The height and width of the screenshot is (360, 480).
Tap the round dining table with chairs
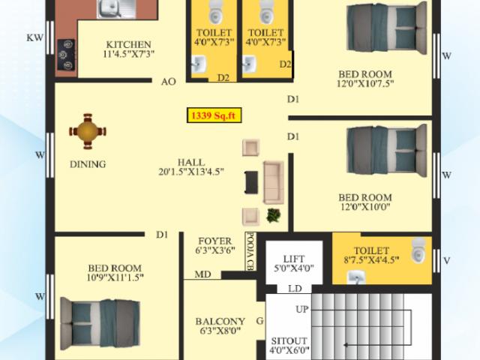[x=88, y=130]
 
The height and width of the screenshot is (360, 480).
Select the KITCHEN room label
[x=128, y=44]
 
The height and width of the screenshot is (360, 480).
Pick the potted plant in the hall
[x=274, y=215]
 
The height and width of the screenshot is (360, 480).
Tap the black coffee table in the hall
[x=251, y=181]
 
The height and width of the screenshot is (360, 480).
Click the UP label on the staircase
[x=301, y=309]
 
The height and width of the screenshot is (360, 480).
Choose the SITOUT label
[x=288, y=339]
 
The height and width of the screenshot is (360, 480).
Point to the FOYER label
[x=213, y=240]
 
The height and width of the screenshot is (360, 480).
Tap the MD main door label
[x=202, y=274]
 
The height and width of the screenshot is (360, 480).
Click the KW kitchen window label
[x=34, y=37]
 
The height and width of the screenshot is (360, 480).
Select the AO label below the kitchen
[x=168, y=81]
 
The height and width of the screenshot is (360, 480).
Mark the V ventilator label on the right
[x=446, y=261]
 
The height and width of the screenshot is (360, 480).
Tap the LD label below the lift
[x=295, y=289]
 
